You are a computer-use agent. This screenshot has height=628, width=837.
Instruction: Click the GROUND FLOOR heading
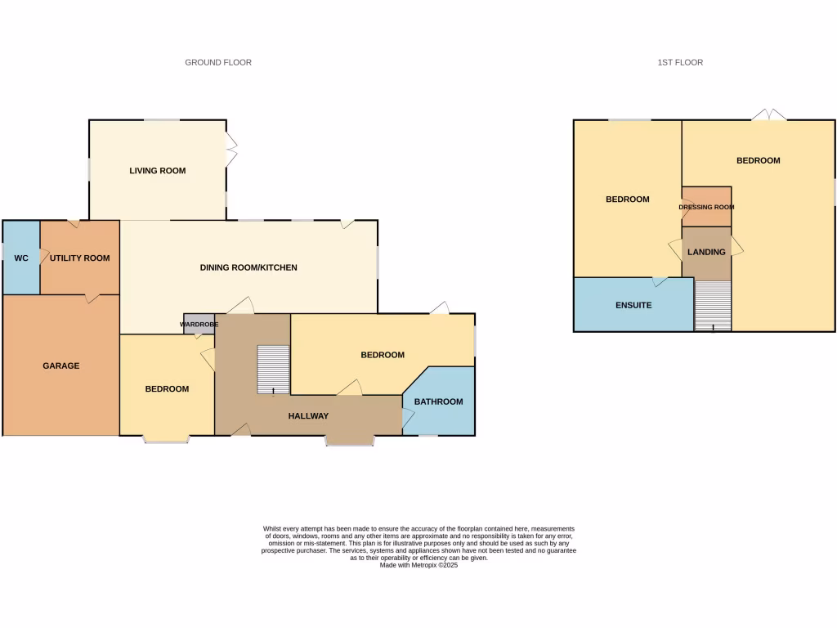click(218, 62)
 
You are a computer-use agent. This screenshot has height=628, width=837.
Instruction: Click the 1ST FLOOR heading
click(680, 62)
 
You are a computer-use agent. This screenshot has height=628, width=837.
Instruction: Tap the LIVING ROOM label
click(157, 171)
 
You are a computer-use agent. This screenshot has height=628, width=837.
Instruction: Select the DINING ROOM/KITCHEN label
click(248, 267)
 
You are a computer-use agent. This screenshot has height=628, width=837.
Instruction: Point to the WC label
click(21, 258)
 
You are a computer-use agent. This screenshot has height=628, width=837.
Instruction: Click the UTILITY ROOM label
click(79, 258)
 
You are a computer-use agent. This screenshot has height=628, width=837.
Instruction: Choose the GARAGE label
click(61, 366)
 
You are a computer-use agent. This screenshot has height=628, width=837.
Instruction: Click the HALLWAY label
click(308, 416)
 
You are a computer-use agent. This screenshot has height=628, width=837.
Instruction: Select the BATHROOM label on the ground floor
click(438, 401)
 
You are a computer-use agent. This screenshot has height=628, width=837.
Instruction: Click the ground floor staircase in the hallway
click(273, 368)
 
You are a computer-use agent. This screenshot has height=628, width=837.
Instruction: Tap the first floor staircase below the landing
click(713, 306)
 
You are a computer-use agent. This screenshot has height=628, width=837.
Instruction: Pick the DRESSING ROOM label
click(706, 207)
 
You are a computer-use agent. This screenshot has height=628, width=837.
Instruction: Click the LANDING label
click(706, 252)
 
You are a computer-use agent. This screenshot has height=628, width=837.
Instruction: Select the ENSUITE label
click(633, 305)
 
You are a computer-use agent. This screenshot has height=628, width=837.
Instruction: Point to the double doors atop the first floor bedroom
click(769, 115)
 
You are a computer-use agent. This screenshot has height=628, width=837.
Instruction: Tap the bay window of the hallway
click(350, 442)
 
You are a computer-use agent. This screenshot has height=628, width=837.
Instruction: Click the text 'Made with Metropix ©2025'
click(418, 565)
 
